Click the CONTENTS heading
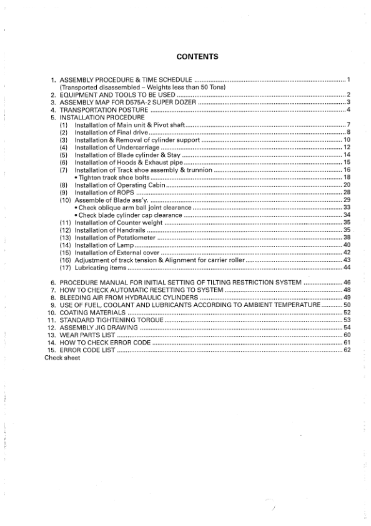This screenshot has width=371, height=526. [x=197, y=57]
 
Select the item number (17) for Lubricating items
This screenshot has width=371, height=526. [x=64, y=268]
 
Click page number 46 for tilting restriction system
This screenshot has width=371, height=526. [x=347, y=283]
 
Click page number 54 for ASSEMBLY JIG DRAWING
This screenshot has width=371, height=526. [x=347, y=328]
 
